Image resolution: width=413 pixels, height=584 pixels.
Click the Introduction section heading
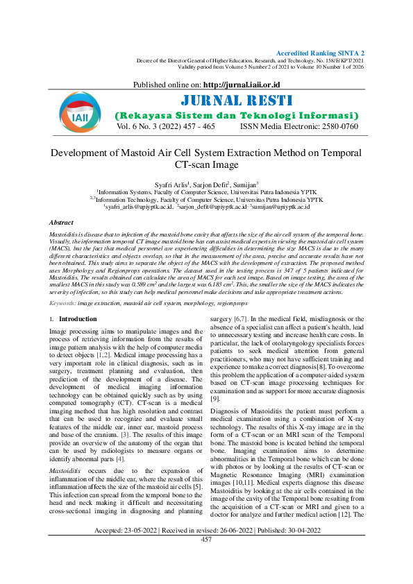[x=78, y=320]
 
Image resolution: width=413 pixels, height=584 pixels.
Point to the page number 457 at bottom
[x=206, y=558]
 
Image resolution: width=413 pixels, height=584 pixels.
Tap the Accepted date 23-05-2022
[x=137, y=549]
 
